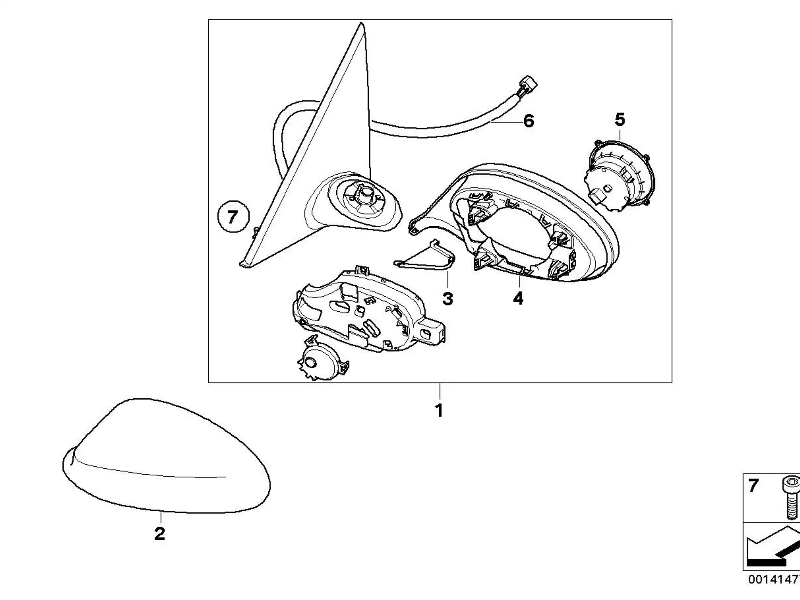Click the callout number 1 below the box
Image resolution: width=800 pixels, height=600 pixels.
[x=439, y=411]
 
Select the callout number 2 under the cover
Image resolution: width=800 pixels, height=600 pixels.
[x=160, y=534]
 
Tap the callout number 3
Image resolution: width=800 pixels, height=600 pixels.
[x=447, y=299]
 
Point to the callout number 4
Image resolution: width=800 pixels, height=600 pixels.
[x=518, y=298]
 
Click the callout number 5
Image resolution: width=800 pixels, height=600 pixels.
[x=620, y=120]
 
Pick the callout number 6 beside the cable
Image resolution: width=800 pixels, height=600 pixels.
[x=528, y=121]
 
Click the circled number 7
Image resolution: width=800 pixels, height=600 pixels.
[x=233, y=217]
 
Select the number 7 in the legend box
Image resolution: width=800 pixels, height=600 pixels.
[x=753, y=486]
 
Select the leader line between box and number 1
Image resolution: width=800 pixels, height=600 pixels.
[x=439, y=392]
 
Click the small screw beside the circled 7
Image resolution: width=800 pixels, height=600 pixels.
[x=255, y=231]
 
